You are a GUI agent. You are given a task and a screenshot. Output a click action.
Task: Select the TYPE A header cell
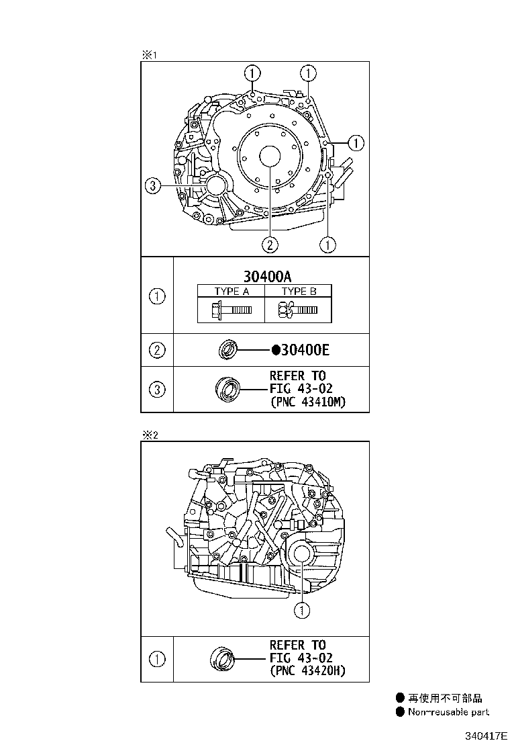tap(231, 291)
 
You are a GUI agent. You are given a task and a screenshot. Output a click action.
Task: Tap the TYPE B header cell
tap(299, 291)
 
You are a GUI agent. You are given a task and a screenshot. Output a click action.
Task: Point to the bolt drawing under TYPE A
tap(230, 309)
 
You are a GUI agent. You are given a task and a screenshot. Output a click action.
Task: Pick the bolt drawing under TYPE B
tap(297, 309)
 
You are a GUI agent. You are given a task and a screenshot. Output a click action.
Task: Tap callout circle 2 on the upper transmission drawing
tap(270, 245)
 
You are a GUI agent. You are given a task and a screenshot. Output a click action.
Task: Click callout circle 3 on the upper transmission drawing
tap(153, 186)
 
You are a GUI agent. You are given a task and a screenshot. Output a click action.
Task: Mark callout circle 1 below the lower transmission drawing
tap(302, 610)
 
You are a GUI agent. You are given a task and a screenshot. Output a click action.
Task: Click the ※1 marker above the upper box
tap(148, 55)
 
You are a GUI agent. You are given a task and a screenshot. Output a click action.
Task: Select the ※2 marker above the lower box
tap(148, 435)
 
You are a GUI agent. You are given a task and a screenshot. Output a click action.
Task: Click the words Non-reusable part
tap(448, 712)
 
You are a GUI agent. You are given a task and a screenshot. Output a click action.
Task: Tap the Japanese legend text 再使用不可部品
tap(445, 699)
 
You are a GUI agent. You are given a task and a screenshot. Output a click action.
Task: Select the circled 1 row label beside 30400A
tap(157, 296)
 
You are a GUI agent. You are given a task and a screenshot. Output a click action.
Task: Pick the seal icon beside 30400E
tap(229, 350)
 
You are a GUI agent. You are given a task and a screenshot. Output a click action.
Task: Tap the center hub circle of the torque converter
tap(270, 156)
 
